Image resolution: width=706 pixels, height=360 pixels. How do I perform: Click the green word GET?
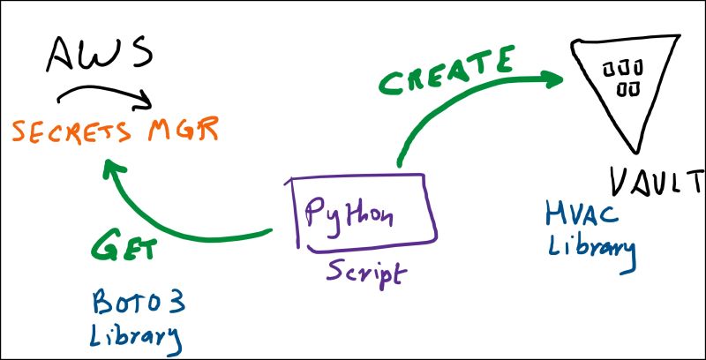(x=124, y=246)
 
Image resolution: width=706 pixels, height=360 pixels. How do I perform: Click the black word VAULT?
(x=657, y=180)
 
